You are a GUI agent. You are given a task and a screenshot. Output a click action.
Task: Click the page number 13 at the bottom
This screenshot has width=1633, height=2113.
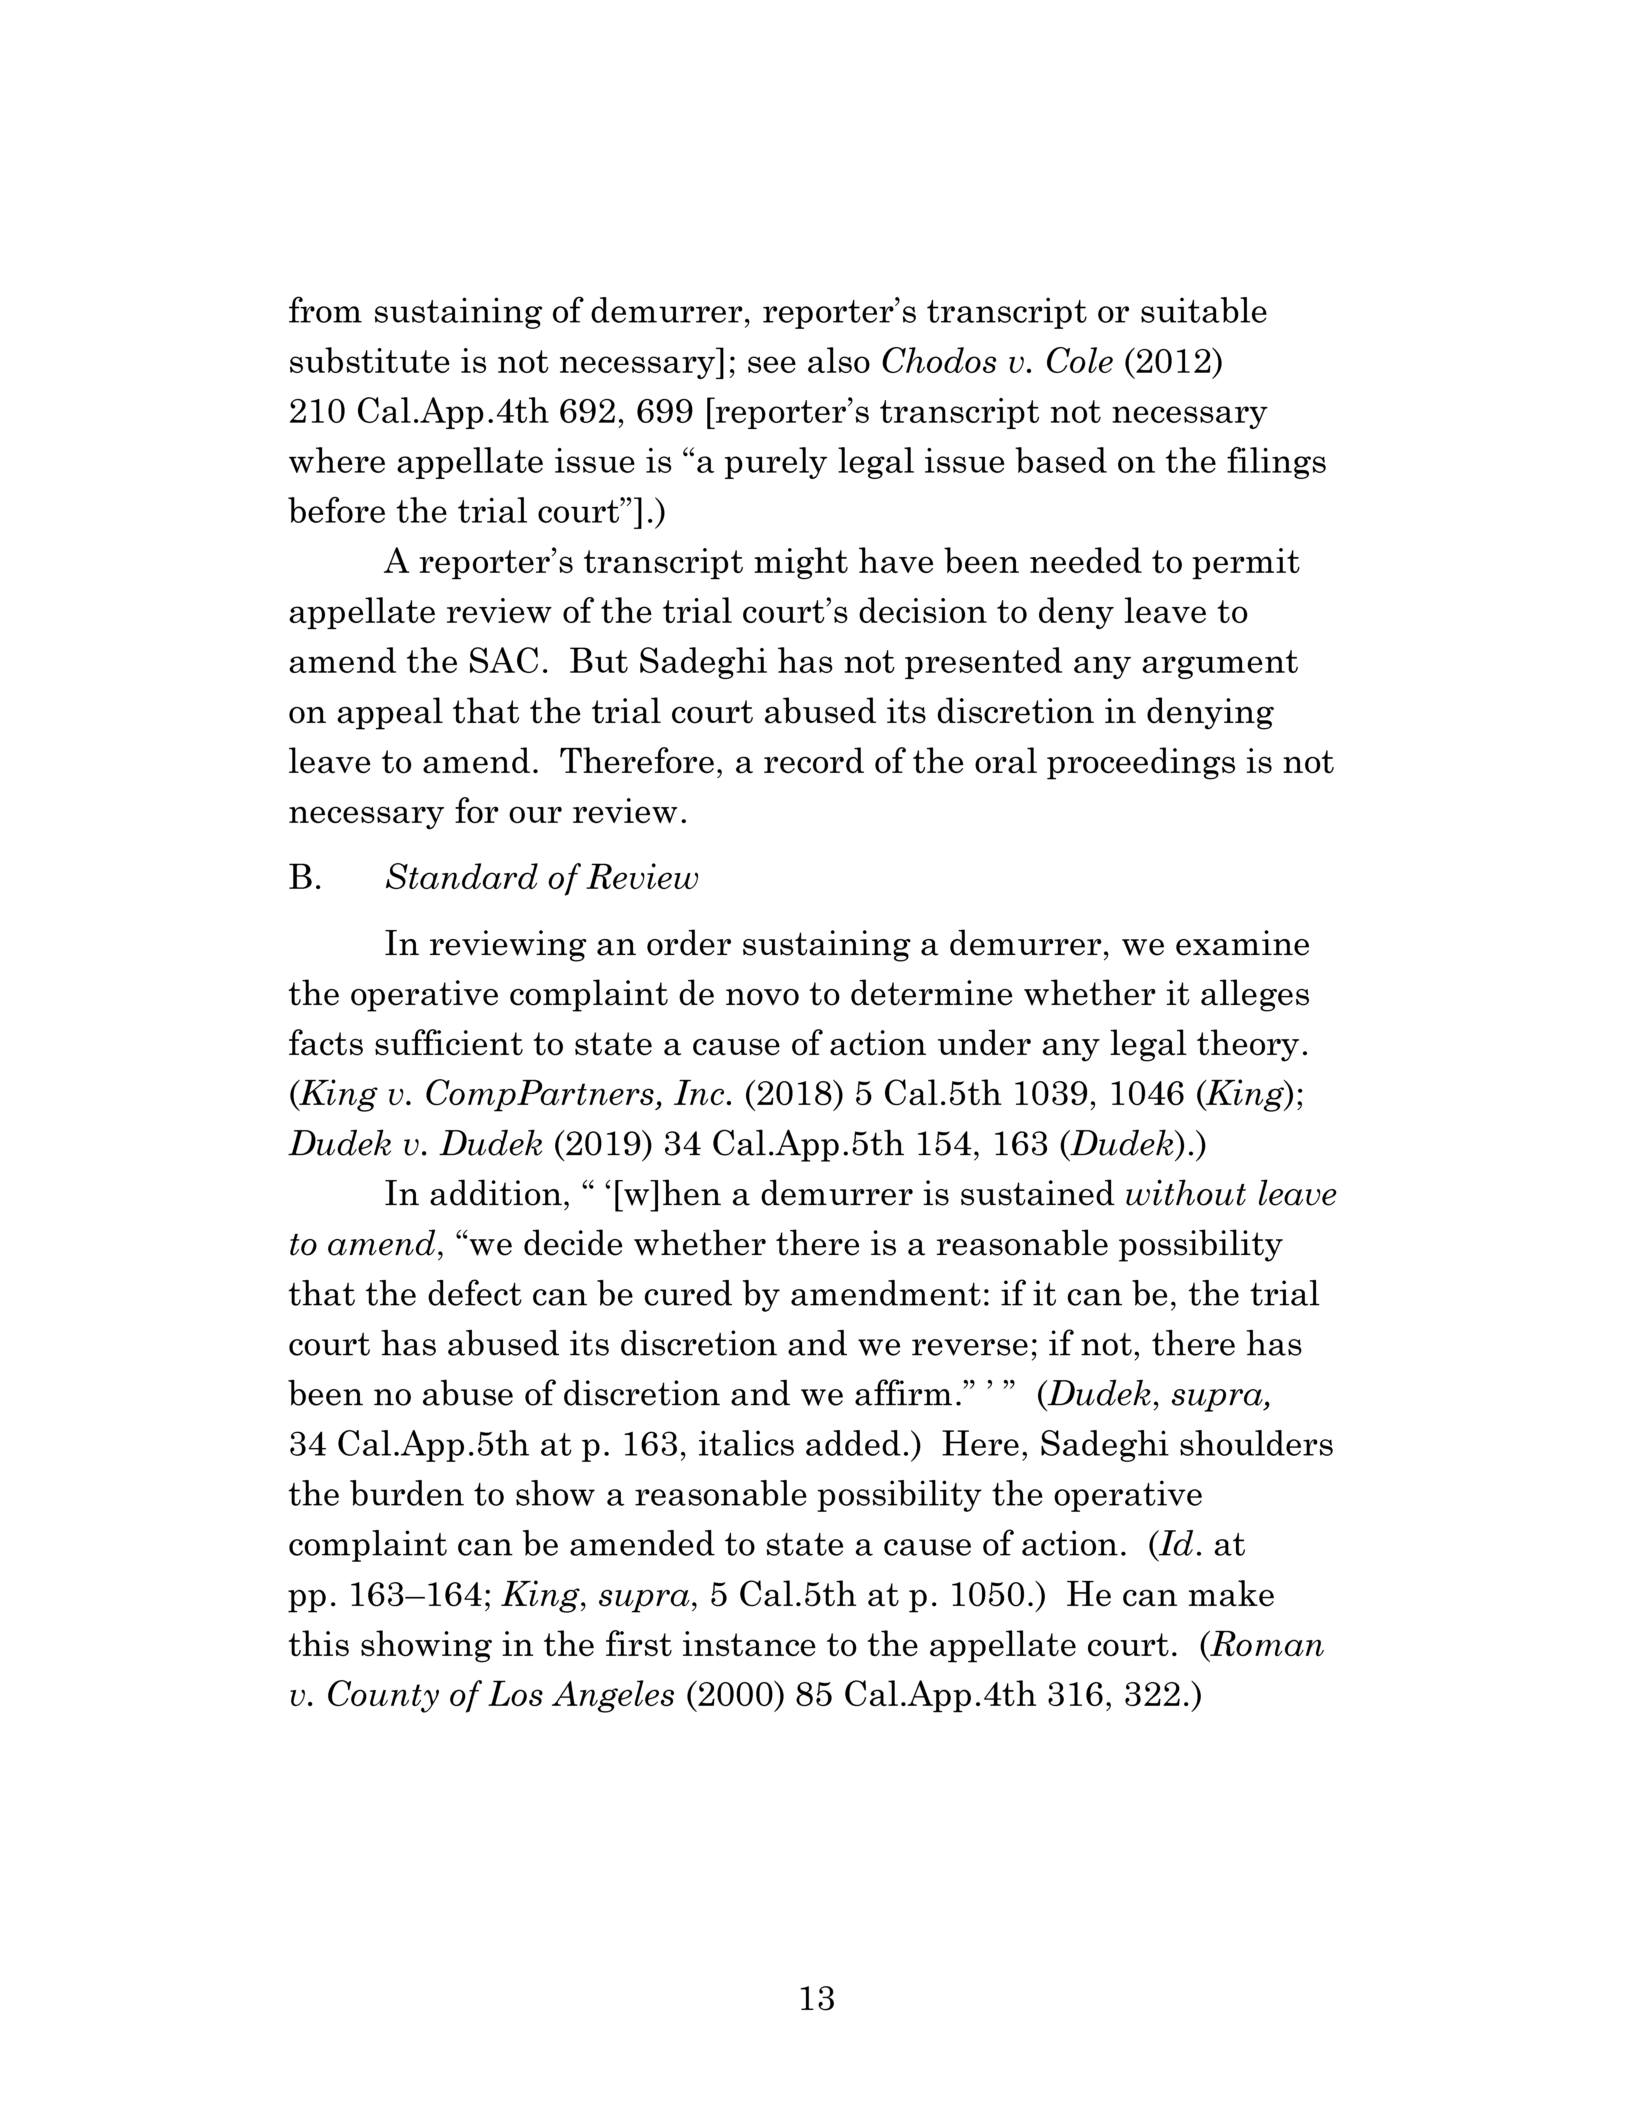816,1997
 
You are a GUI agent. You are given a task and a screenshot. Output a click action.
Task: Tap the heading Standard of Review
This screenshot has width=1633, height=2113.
541,878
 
